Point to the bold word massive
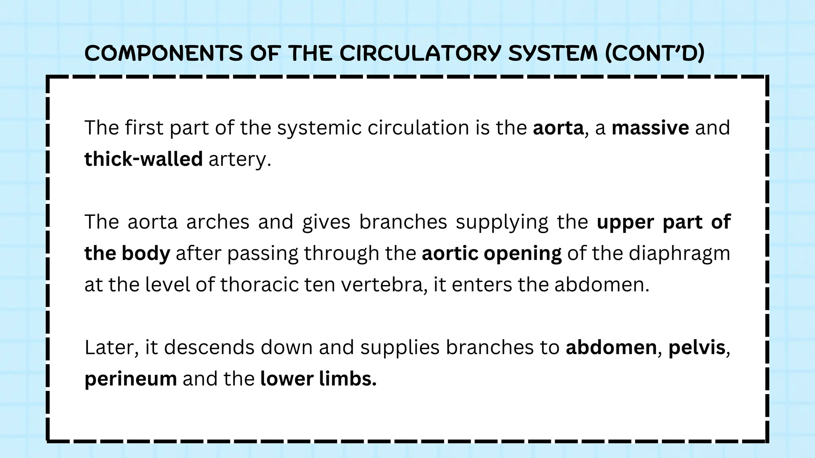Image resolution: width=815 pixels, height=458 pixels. coord(650,128)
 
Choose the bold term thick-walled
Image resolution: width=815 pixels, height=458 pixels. coord(144,159)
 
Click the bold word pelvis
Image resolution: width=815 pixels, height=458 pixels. coord(697,347)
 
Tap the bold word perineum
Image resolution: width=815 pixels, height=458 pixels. coord(131,379)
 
